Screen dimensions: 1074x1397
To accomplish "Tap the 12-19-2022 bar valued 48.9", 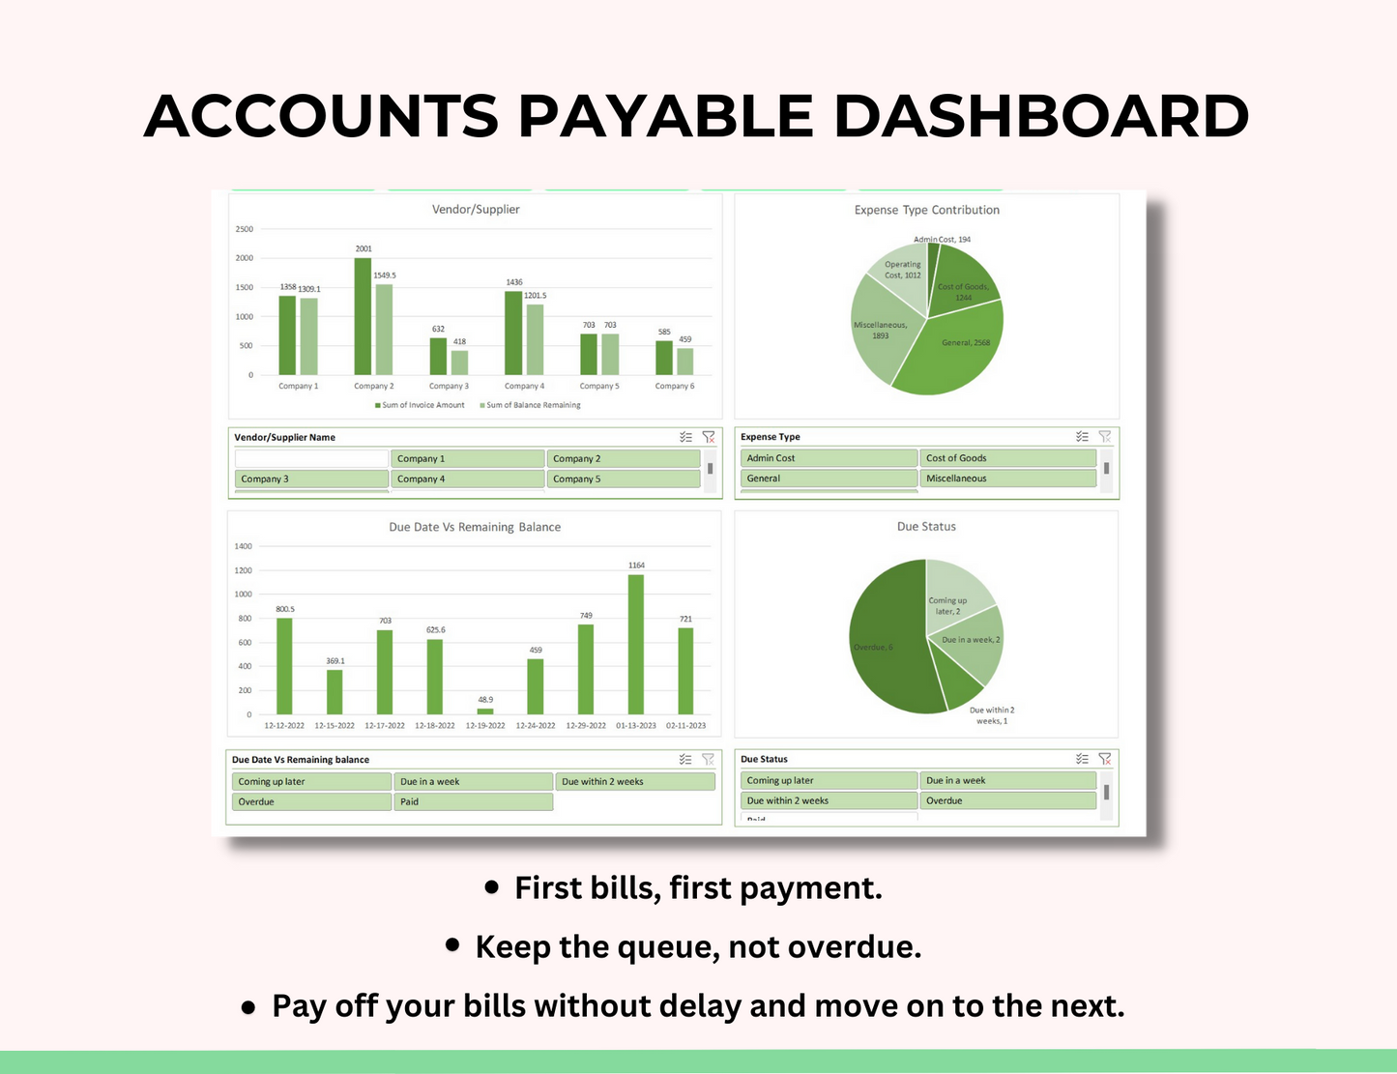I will tap(484, 711).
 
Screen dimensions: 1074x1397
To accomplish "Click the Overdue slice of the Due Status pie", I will tap(885, 643).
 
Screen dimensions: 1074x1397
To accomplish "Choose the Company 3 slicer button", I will tap(311, 479).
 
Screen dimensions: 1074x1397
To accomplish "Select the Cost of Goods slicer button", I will tap(1008, 458).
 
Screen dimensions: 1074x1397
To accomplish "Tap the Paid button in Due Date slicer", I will tap(473, 801).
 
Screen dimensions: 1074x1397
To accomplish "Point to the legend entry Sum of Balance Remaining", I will tap(533, 405).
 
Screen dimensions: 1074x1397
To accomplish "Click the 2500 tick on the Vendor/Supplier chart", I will tap(245, 229).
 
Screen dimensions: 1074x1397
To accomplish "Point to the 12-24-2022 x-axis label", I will tap(536, 725).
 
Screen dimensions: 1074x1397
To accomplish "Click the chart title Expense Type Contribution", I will tap(926, 210).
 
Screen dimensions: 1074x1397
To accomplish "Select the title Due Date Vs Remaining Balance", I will tap(475, 527).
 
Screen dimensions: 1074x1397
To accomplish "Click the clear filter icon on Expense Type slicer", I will tap(1104, 437).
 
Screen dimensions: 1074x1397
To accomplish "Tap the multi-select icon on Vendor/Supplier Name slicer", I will tap(685, 437).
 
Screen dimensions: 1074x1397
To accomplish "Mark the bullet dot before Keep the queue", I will tap(452, 944).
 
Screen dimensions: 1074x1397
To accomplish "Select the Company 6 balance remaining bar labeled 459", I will tap(684, 362).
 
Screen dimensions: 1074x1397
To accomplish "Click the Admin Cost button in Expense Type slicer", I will tap(829, 458).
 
